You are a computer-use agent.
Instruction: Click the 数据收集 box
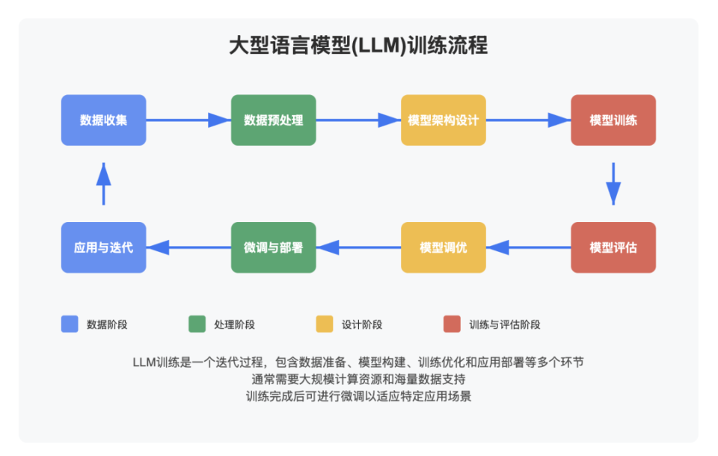coord(103,120)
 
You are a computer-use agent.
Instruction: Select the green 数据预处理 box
coord(273,120)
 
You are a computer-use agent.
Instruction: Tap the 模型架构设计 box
coord(443,120)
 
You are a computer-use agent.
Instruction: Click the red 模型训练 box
coord(613,120)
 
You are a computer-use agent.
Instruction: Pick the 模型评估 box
coord(613,247)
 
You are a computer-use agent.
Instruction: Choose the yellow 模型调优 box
coord(443,247)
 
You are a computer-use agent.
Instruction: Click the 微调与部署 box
coord(273,247)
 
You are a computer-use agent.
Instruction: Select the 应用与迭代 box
coord(103,247)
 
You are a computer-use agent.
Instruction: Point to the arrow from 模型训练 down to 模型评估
coord(613,183)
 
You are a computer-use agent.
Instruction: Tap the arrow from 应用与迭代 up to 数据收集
coord(103,183)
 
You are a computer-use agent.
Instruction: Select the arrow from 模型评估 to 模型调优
coord(528,247)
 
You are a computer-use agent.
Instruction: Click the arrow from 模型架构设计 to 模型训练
coord(528,120)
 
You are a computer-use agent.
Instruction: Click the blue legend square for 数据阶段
coord(70,324)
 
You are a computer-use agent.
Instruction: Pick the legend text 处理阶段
coord(235,324)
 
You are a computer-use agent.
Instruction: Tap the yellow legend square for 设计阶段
coord(325,324)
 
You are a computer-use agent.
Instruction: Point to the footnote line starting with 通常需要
coord(358,379)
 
